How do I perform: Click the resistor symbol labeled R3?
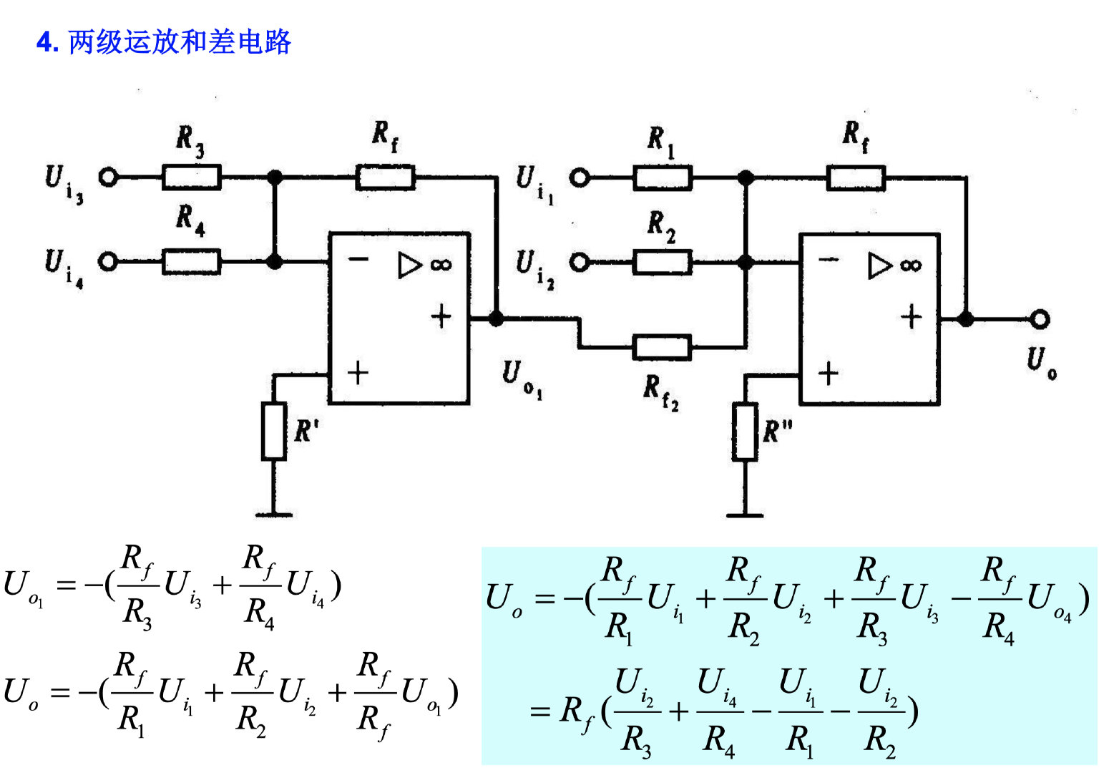click(191, 177)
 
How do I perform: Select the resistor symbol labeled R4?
click(191, 262)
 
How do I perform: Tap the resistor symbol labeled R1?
click(662, 178)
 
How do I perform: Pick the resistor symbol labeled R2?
click(662, 263)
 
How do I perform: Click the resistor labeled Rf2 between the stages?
click(662, 347)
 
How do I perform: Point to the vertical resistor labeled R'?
click(274, 431)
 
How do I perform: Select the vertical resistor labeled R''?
click(745, 432)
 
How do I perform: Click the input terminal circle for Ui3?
click(108, 177)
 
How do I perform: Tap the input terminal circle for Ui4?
click(108, 262)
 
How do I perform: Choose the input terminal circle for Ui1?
click(579, 178)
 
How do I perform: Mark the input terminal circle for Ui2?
click(579, 263)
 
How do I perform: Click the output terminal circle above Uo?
click(1040, 319)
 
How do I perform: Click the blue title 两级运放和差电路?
click(180, 42)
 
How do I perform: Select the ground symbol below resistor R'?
click(274, 513)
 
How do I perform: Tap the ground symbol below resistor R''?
click(745, 513)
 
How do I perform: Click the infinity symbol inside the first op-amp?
click(441, 265)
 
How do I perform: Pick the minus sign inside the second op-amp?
click(829, 259)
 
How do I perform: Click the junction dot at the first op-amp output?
click(496, 319)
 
